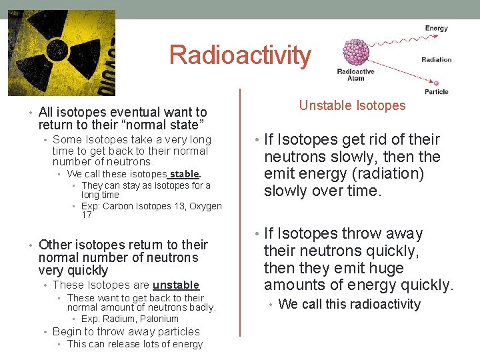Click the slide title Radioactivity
pos(240,55)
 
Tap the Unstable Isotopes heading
pos(352,105)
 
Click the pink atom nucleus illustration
pos(360,51)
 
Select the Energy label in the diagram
pos(437,29)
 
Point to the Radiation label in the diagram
pos(436,59)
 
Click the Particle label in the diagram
pos(436,91)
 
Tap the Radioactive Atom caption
pos(355,75)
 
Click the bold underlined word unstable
pos(176,285)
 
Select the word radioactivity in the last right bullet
pos(381,304)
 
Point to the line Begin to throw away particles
pos(126,331)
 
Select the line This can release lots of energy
pos(137,344)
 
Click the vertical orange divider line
pos(240,220)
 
